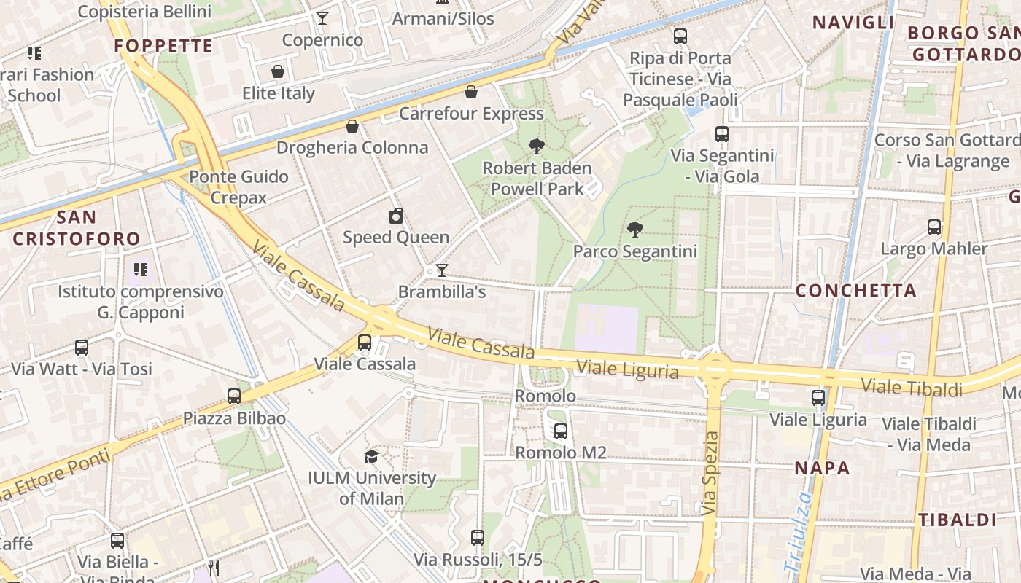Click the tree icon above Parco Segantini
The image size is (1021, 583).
[635, 230]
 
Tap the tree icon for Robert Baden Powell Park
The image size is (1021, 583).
[537, 146]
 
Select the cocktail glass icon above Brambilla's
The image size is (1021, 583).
[441, 270]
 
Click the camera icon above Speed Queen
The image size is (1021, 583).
[396, 216]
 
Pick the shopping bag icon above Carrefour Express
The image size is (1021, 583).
[471, 92]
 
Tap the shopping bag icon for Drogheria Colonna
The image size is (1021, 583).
[352, 126]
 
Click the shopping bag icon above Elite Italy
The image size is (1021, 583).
[278, 71]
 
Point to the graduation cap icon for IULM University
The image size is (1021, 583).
[372, 456]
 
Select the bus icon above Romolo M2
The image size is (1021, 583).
[560, 431]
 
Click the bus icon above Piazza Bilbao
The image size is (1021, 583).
[234, 396]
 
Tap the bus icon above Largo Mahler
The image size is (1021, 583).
[934, 227]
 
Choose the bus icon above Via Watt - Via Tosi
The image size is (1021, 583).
[82, 348]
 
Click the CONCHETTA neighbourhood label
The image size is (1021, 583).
[855, 291]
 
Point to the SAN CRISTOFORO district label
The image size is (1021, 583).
[77, 228]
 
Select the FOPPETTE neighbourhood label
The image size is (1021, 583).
[163, 46]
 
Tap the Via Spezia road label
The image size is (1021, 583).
[711, 474]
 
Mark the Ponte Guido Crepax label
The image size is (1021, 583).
[238, 187]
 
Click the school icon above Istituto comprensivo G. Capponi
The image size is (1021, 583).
[141, 270]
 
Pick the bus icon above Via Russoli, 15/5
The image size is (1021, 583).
[478, 538]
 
